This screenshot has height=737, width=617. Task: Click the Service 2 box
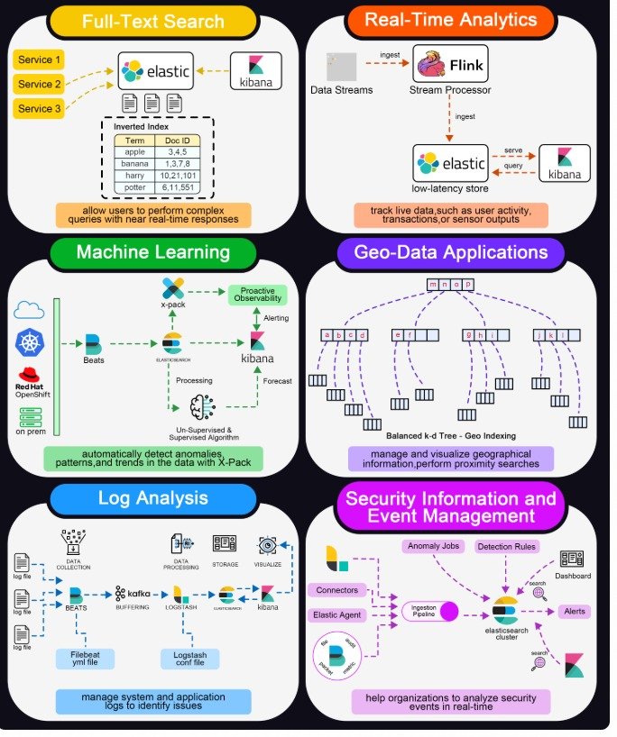(39, 85)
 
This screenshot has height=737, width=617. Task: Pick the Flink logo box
(450, 65)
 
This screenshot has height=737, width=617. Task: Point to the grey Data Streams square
(342, 67)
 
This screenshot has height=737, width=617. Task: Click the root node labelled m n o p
(450, 285)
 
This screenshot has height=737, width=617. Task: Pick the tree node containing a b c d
(346, 336)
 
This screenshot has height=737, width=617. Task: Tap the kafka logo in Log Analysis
(133, 594)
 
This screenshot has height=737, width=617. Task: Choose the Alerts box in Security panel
(575, 612)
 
